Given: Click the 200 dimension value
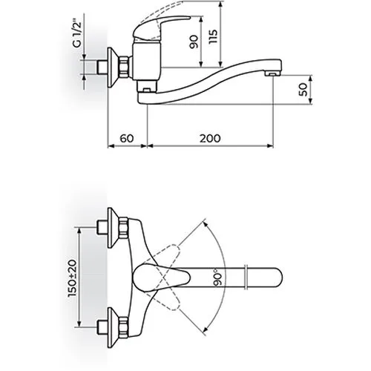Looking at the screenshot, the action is [210, 139].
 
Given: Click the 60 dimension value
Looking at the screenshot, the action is [127, 139].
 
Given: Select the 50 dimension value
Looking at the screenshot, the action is [303, 89].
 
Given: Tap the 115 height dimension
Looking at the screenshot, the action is [213, 36].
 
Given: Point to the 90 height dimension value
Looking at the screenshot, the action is [194, 42].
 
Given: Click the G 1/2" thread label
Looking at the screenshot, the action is [77, 34].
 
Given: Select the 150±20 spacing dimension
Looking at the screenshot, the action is [73, 278].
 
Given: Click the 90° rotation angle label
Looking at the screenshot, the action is [217, 279].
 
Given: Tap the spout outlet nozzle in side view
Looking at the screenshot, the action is [272, 73].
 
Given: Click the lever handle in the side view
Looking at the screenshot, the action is [158, 27].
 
